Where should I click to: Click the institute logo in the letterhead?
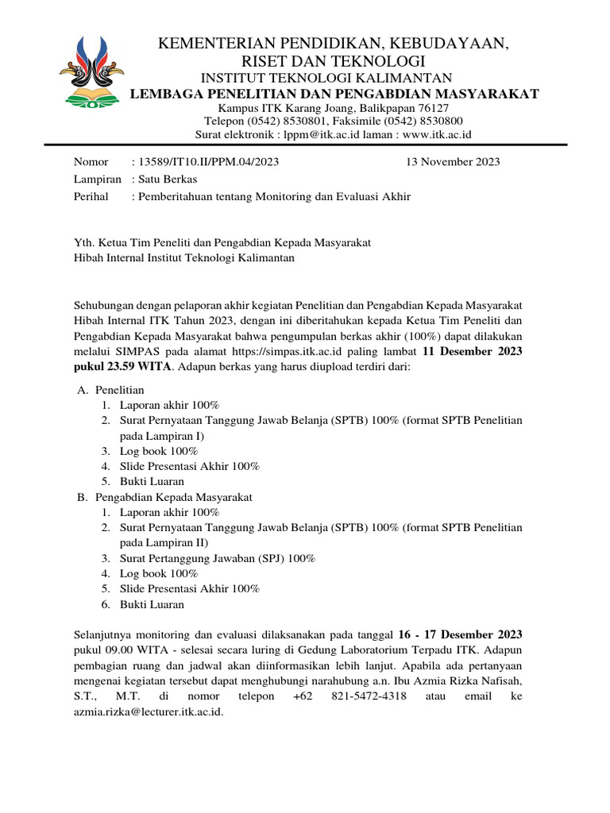(96, 72)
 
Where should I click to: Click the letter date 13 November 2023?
(452, 162)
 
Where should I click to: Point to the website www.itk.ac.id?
(437, 134)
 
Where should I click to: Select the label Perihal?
(91, 196)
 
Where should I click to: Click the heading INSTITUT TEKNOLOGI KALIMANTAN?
(326, 77)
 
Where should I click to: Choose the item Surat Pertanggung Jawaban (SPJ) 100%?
(217, 558)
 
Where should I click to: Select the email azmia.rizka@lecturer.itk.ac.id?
(149, 712)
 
